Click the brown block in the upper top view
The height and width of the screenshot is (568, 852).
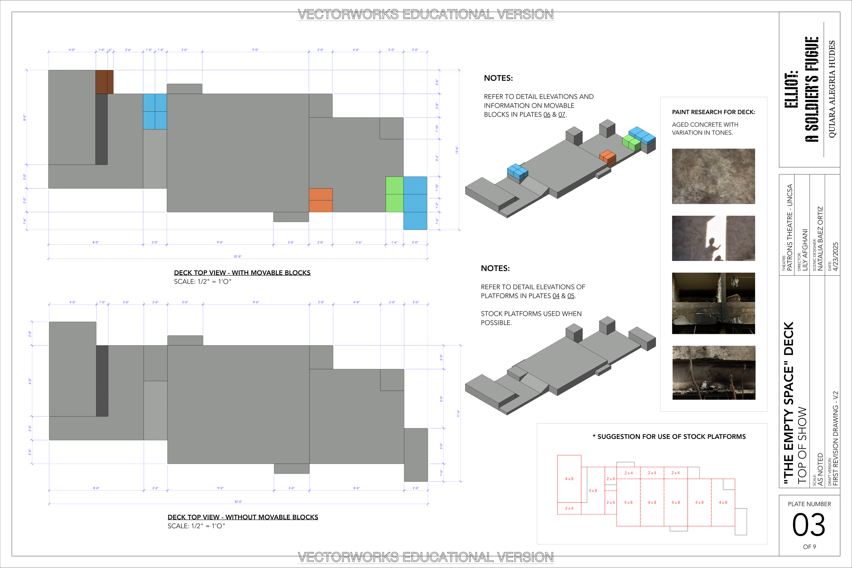coord(104,82)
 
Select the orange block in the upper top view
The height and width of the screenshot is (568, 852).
coord(321,200)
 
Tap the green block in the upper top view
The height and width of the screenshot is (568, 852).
coord(395,194)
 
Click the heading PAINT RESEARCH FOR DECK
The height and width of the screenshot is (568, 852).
coord(713,112)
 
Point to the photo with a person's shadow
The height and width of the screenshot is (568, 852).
coord(713,239)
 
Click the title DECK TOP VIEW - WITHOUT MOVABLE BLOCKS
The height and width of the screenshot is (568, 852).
coord(243,517)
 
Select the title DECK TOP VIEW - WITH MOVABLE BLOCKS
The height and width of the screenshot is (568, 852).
coord(242,273)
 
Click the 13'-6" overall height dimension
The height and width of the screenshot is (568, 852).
coord(457,150)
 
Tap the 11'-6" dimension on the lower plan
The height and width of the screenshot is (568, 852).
coord(458,413)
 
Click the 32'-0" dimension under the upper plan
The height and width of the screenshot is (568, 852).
coord(237,257)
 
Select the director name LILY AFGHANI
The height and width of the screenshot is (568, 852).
coord(805,250)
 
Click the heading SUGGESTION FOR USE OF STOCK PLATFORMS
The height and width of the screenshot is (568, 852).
coord(671,436)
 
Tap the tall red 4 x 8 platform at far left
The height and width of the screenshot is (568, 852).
coord(569,478)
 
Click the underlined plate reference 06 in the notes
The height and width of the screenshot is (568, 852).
coord(547,114)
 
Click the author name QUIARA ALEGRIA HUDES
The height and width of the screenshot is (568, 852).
coord(832,89)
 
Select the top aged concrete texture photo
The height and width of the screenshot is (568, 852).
coord(713,176)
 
